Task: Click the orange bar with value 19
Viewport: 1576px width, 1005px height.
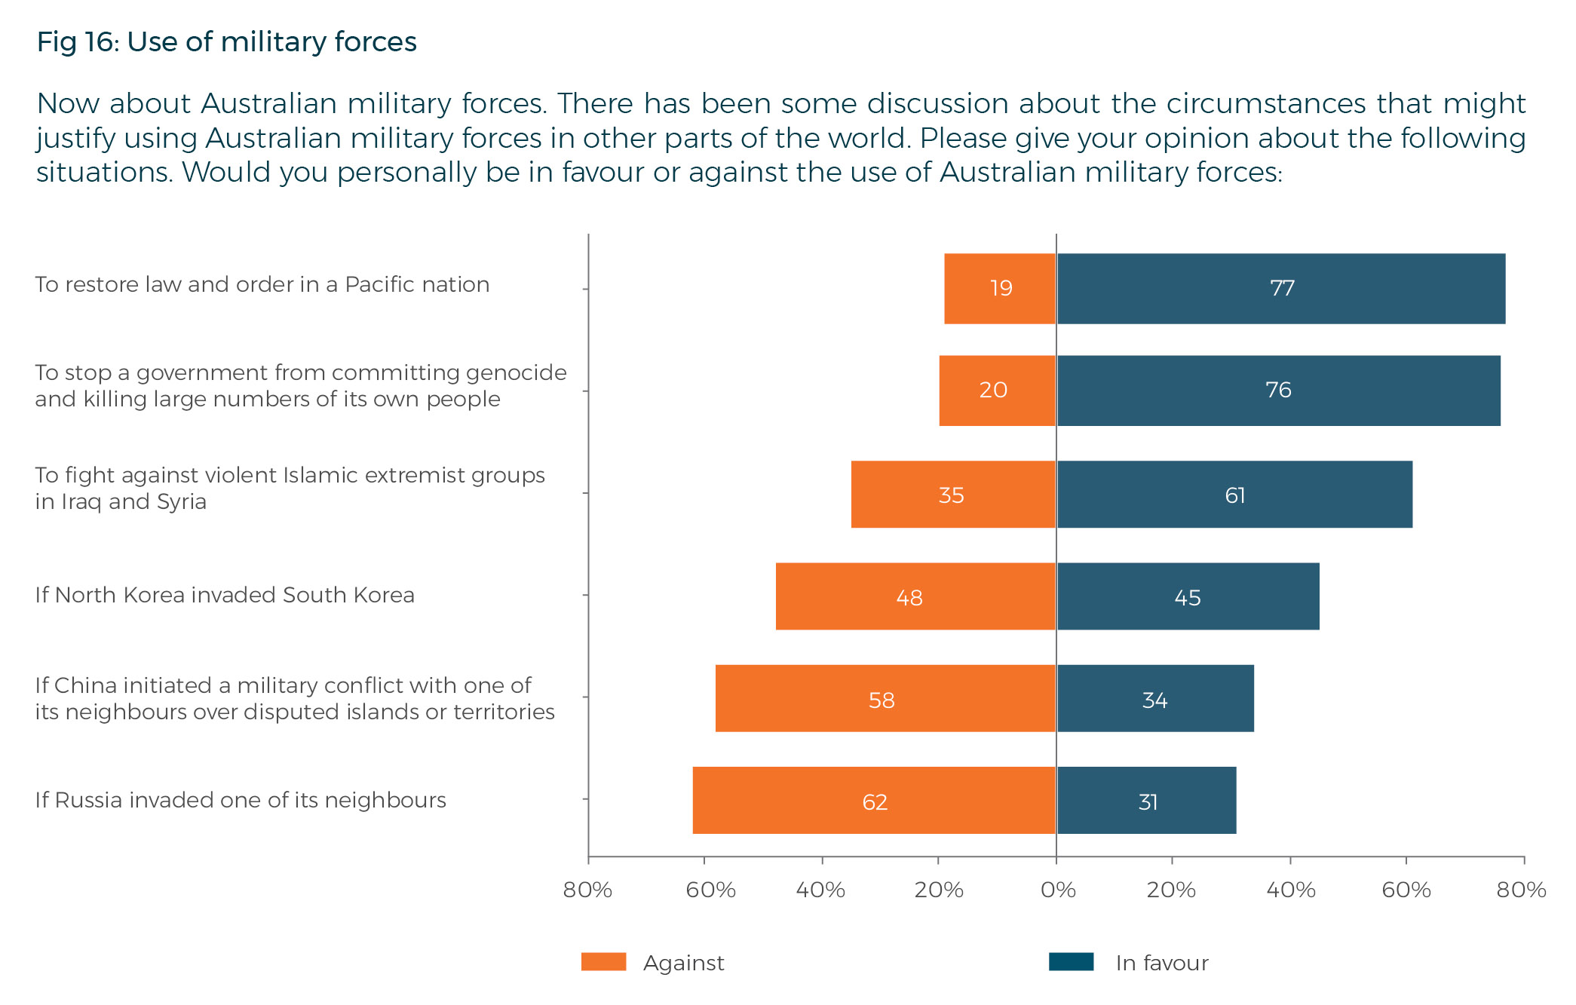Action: tap(999, 289)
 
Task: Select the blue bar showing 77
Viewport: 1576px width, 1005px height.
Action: tap(1280, 289)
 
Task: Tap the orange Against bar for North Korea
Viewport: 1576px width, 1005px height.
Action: tap(915, 596)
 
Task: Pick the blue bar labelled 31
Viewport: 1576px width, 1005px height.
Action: tap(1146, 801)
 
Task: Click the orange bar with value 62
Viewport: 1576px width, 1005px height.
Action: tap(873, 801)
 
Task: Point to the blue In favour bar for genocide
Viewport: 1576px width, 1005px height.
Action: tap(1278, 391)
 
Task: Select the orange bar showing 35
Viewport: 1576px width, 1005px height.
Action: tap(952, 495)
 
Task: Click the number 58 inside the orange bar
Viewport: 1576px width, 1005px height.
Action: tap(882, 700)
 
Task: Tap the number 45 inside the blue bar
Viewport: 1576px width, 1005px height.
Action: tap(1188, 598)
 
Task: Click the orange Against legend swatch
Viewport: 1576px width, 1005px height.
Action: tap(603, 962)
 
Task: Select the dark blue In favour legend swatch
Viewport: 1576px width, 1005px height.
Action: tap(1071, 962)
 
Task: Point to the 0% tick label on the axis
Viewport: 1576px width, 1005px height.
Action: tap(1058, 890)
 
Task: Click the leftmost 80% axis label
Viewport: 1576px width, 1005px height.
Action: tap(587, 890)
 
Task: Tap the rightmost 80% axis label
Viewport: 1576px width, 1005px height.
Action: tap(1521, 890)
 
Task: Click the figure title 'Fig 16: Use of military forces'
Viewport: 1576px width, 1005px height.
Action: tap(226, 42)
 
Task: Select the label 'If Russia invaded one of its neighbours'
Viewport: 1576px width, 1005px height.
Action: tap(241, 800)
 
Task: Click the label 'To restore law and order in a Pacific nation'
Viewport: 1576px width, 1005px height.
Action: tap(262, 284)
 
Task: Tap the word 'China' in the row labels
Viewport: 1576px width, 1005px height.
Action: tap(84, 685)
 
